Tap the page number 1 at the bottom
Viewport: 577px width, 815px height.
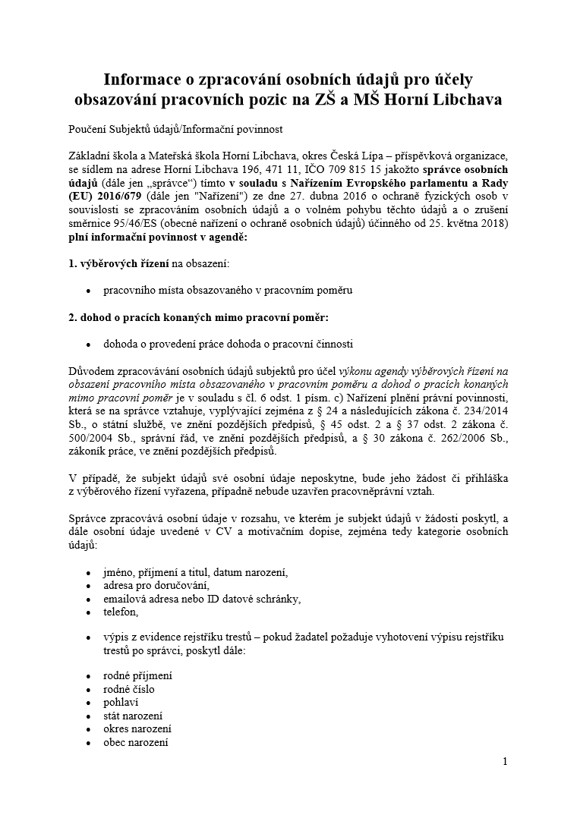(x=505, y=761)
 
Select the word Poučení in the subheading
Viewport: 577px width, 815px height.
(x=88, y=129)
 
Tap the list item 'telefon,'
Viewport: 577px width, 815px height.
(x=121, y=612)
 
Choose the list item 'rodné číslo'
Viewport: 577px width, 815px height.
(x=129, y=688)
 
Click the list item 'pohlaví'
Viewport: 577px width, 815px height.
(x=121, y=702)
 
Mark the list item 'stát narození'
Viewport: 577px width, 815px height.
(x=133, y=716)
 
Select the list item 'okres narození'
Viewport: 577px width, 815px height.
(x=137, y=729)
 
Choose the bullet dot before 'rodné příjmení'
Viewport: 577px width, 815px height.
(x=89, y=675)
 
